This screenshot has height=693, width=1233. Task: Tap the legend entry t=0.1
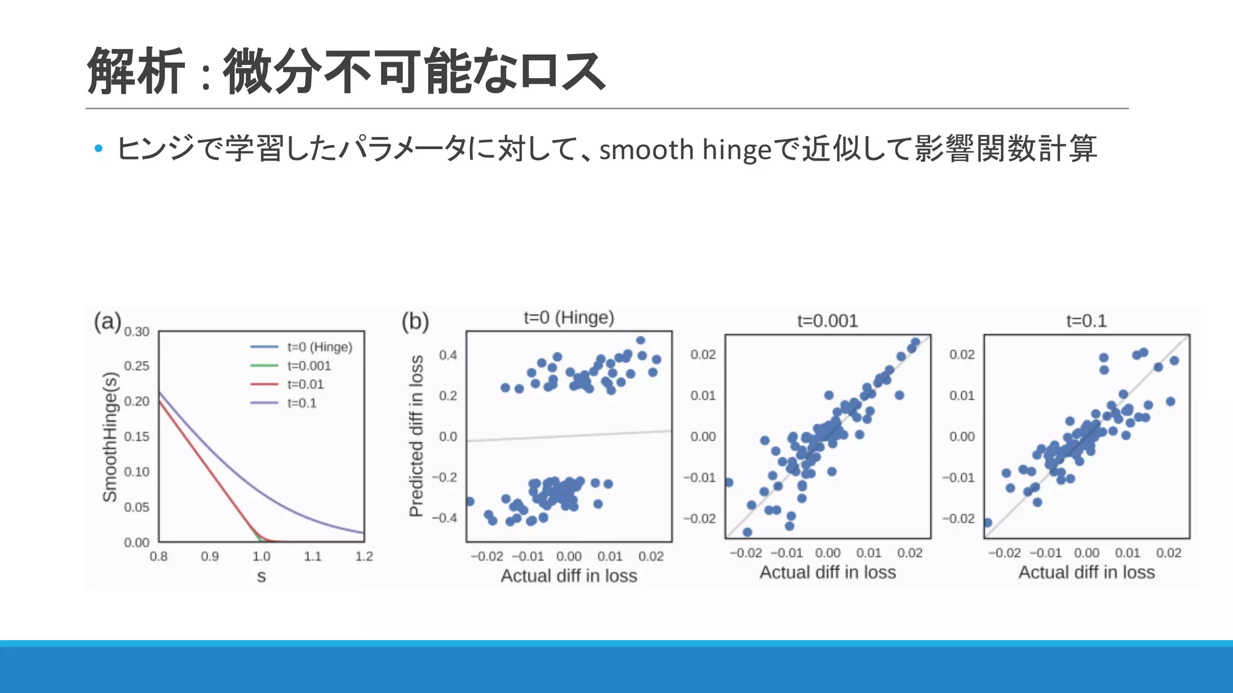pos(302,403)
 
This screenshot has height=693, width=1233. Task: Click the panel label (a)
pos(107,321)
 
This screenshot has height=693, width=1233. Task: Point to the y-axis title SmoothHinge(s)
pos(110,437)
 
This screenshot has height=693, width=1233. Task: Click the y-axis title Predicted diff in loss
pos(416,436)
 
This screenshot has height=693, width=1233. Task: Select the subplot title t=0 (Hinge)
pos(568,318)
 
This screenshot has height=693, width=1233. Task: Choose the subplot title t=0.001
pos(827,321)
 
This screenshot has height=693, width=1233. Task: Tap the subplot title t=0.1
pos(1086,321)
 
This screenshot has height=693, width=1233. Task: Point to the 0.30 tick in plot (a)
pos(137,331)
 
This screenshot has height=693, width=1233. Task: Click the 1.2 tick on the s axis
pos(364,556)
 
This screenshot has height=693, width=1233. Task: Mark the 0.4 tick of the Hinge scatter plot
pos(448,355)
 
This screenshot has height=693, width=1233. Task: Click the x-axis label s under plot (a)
pos(261,576)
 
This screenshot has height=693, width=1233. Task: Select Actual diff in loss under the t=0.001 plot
pos(827,572)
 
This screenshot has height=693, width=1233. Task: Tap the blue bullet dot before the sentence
pos(99,148)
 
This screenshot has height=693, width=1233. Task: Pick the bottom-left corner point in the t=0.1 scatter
pos(987,522)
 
